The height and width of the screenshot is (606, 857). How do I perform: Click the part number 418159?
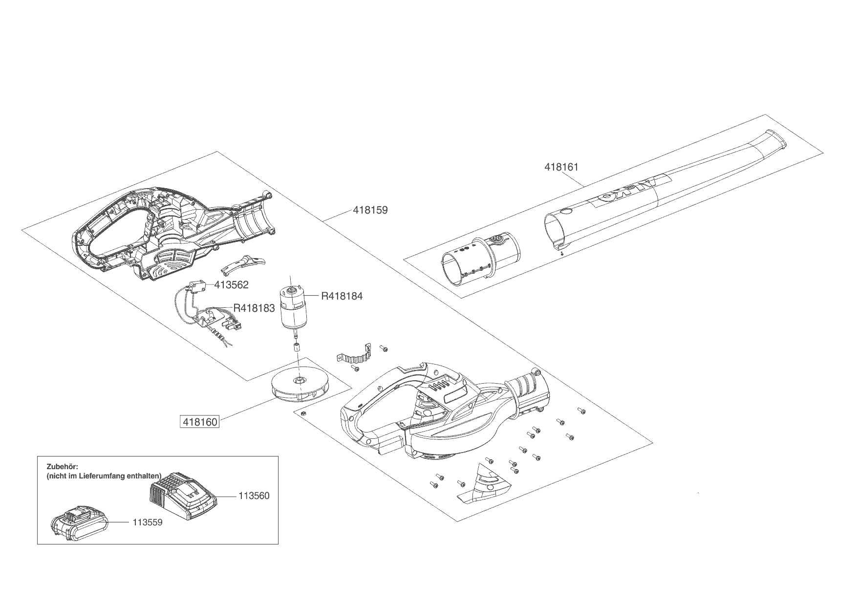tap(370, 210)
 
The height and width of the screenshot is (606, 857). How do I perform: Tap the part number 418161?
tap(561, 167)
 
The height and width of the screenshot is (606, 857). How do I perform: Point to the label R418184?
tap(342, 296)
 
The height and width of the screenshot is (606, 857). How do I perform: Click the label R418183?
tap(254, 308)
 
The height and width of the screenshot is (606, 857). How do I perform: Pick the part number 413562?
tap(231, 285)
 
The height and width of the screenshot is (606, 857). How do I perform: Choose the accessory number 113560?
tap(254, 496)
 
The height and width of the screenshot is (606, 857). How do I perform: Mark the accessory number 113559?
tap(147, 522)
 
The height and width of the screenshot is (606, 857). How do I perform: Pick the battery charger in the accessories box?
tap(182, 497)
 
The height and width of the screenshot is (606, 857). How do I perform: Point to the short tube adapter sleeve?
tap(481, 260)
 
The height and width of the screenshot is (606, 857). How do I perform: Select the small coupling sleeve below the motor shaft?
tap(296, 348)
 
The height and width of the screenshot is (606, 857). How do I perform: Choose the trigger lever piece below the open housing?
tap(242, 264)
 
